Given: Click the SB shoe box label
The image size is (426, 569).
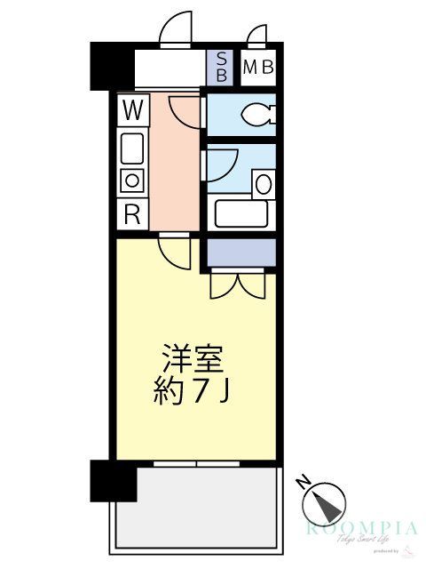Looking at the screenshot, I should point(221,68).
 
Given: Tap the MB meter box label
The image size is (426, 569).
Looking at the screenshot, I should point(257,67).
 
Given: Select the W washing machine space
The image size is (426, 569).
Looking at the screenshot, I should point(132,110).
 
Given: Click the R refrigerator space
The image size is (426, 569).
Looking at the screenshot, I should point(132,213).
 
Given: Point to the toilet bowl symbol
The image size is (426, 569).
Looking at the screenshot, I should point(258,114).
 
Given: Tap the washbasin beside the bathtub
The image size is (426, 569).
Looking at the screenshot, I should point(264,184).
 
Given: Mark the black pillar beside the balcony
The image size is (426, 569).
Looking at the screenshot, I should point(114,482).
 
